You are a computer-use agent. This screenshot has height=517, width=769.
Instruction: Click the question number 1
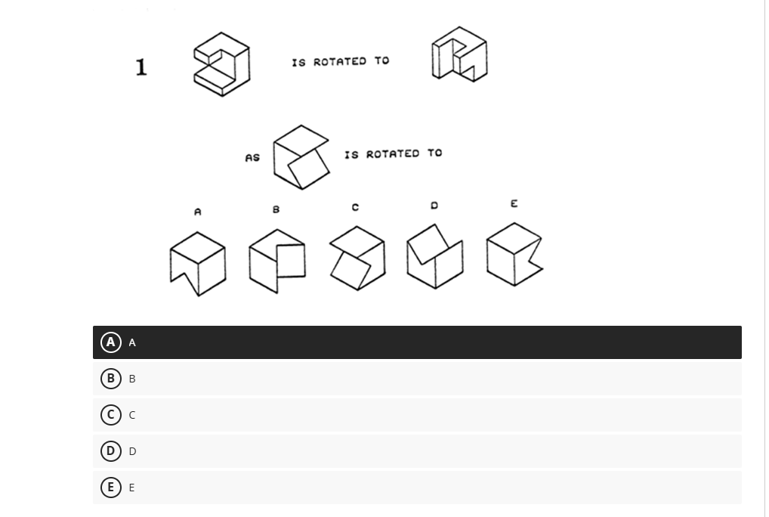141,67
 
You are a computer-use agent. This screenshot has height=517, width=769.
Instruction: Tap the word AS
252,158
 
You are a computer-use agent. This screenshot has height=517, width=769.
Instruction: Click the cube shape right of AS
301,157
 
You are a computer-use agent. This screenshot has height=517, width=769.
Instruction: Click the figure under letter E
514,254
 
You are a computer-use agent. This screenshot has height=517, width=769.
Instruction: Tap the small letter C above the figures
355,207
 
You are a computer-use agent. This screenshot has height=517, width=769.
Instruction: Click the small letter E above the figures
514,204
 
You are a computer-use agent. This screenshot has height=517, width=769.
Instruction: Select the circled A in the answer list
111,342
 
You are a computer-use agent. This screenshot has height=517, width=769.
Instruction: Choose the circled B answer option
111,379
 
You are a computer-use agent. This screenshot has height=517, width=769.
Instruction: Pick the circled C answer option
111,415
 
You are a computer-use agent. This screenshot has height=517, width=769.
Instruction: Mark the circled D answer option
111,451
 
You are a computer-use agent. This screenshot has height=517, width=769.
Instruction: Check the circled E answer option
111,488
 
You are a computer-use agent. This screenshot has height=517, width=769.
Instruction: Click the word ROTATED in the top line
339,61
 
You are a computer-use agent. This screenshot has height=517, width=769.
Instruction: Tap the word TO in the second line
434,153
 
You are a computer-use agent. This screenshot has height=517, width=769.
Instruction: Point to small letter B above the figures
276,209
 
